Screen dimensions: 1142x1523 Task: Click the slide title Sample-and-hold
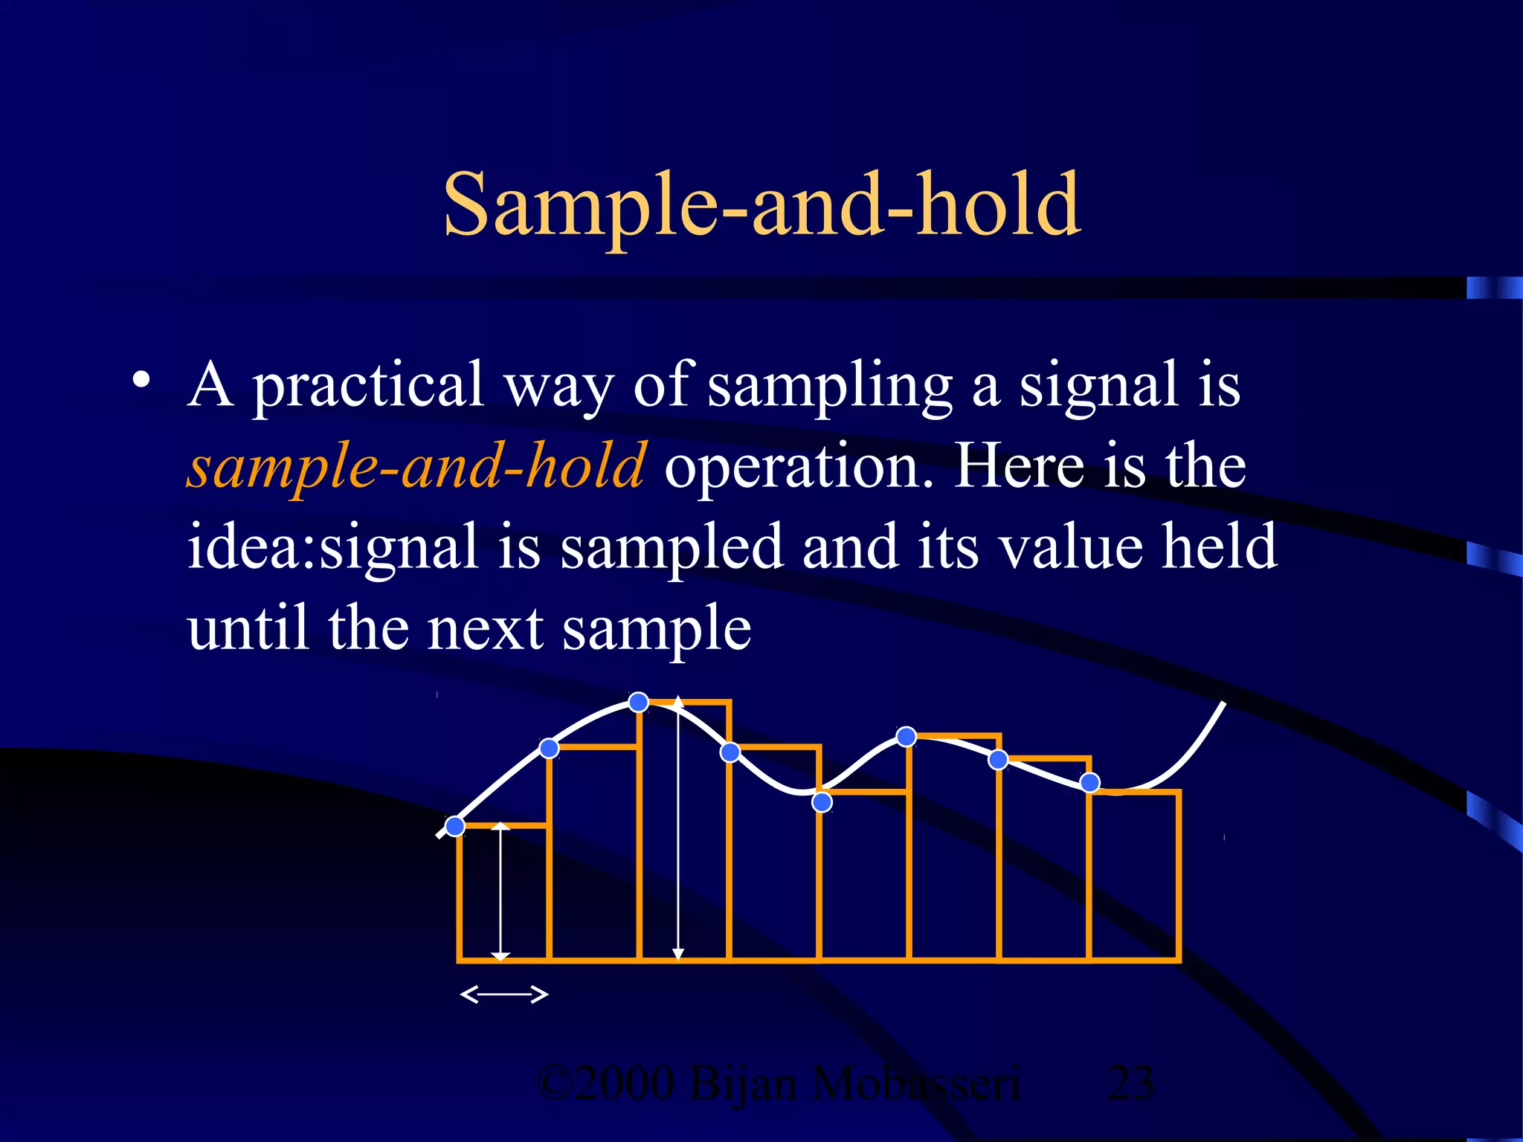[761, 204]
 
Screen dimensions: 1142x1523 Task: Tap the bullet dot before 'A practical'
[141, 381]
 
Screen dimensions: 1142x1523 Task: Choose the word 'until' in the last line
[248, 628]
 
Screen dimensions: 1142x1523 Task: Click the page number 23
[1130, 1083]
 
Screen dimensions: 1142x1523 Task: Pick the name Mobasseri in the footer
[916, 1083]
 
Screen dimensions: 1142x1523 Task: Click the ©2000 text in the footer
[606, 1083]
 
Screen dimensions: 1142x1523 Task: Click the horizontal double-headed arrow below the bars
[504, 994]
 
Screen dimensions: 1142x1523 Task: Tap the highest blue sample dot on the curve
[639, 702]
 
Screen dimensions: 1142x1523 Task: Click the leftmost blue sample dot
[455, 826]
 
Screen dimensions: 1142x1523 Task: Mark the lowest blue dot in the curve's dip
[822, 802]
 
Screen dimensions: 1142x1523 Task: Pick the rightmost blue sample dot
[1090, 782]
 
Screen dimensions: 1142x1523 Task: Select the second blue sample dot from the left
[549, 748]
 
